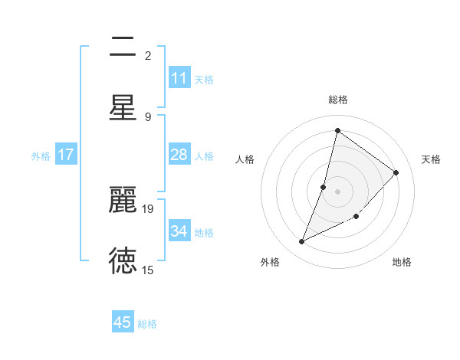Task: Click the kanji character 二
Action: pyautogui.click(x=123, y=47)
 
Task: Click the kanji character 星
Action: pyautogui.click(x=123, y=107)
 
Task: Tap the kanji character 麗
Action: pyautogui.click(x=123, y=201)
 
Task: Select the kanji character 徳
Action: pyautogui.click(x=123, y=260)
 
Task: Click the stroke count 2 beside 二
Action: pyautogui.click(x=148, y=55)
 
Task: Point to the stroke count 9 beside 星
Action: pyautogui.click(x=148, y=116)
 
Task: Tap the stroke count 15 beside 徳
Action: pyautogui.click(x=148, y=270)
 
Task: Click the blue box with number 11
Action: pyautogui.click(x=179, y=78)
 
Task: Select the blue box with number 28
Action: pyautogui.click(x=179, y=155)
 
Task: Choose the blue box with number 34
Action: pyautogui.click(x=179, y=231)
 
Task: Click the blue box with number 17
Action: pyautogui.click(x=66, y=155)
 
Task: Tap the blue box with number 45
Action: pyautogui.click(x=123, y=322)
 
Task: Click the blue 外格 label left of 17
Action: pyautogui.click(x=41, y=155)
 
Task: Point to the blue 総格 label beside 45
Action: pyautogui.click(x=147, y=324)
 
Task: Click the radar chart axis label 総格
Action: pyautogui.click(x=337, y=100)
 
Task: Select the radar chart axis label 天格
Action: pyautogui.click(x=431, y=159)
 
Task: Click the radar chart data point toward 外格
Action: pyautogui.click(x=302, y=242)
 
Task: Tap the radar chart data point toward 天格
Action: pyautogui.click(x=396, y=172)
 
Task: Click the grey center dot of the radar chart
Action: pyautogui.click(x=337, y=191)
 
